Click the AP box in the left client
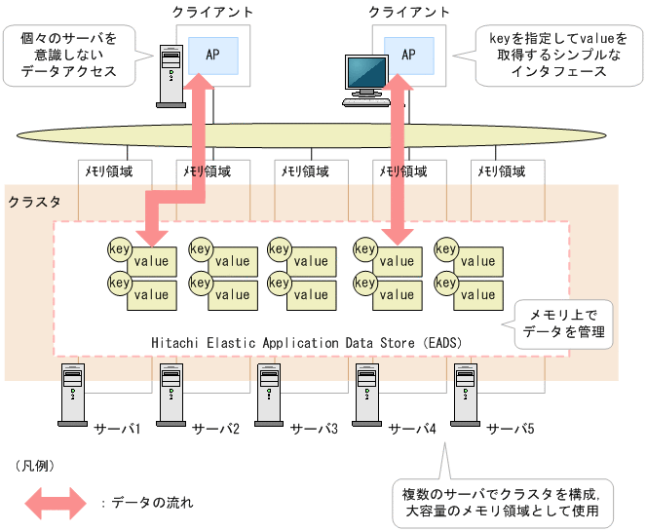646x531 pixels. pos(212,55)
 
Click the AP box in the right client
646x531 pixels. pos(408,55)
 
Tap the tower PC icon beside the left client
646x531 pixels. pos(171,75)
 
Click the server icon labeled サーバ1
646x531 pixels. pos(72,396)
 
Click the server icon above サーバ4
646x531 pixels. pos(366,396)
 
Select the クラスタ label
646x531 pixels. pos(34,202)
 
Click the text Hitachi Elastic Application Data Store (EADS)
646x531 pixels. pos(306,343)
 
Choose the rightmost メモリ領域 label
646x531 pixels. pos(501,171)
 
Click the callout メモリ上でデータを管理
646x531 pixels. pos(563,323)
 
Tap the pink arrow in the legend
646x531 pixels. pos(56,503)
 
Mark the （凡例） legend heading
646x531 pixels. pos(38,467)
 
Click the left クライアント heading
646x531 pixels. pos(212,12)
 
